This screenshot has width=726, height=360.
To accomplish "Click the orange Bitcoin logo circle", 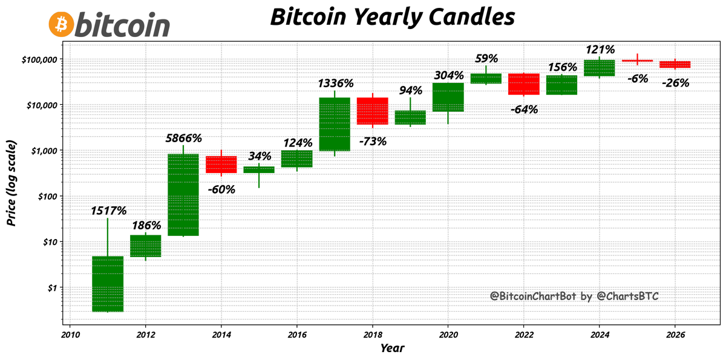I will tap(60, 24).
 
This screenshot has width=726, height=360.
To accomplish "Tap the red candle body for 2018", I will tap(373, 111).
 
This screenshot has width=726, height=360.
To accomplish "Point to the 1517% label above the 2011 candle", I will tap(109, 211).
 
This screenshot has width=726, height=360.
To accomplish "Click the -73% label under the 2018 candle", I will tap(373, 142).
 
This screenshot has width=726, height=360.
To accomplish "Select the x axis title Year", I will tap(392, 348).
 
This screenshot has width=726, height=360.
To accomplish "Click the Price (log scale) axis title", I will tap(11, 183).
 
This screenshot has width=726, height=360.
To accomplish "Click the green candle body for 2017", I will tap(335, 124).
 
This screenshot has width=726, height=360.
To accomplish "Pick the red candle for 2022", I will tap(524, 84).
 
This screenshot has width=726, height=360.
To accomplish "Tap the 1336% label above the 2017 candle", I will tap(336, 83).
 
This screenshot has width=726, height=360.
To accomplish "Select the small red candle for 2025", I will tap(637, 61).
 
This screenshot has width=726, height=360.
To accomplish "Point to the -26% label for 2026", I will tap(675, 83).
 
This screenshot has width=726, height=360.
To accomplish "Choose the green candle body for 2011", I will tap(108, 284).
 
